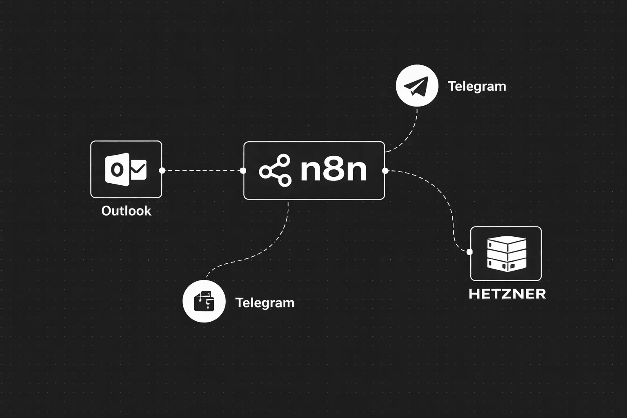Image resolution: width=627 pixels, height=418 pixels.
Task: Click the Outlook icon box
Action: tap(126, 169)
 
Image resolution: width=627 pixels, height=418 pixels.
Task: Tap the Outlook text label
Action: tap(126, 211)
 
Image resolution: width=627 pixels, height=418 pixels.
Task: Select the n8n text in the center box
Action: tap(334, 170)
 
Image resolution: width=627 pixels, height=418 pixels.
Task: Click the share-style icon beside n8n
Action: tap(275, 171)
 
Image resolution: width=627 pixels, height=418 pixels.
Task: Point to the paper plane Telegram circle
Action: tap(417, 86)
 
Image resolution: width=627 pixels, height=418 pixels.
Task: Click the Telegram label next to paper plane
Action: tap(477, 86)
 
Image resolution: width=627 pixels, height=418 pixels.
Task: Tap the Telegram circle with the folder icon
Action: tap(204, 301)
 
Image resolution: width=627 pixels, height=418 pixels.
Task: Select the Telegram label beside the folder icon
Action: tap(265, 303)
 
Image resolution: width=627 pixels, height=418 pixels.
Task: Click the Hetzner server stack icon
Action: tap(506, 253)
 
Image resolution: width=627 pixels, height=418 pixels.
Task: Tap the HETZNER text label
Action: tap(507, 294)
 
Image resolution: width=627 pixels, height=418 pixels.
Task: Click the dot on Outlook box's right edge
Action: tap(162, 171)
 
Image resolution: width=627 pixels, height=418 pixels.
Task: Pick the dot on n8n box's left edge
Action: tap(243, 171)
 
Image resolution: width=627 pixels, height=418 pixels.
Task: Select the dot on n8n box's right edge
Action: tap(385, 171)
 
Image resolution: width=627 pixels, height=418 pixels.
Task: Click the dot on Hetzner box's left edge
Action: tap(469, 252)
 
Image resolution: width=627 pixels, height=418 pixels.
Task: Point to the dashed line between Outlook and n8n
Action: tap(202, 171)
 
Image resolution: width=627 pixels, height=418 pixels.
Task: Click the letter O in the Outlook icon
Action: tap(117, 169)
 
